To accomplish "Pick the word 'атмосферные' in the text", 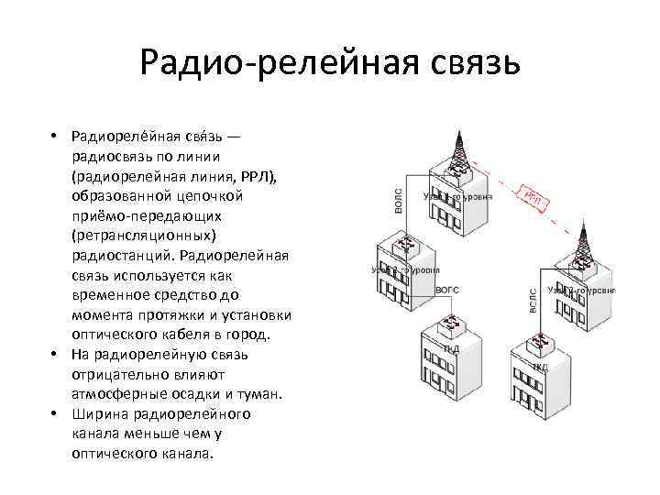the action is (112, 394).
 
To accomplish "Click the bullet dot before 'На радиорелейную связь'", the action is (56, 354).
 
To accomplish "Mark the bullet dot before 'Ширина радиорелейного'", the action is (56, 413).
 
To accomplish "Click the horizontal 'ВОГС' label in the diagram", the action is (446, 289).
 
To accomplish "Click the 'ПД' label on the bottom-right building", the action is (541, 366).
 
